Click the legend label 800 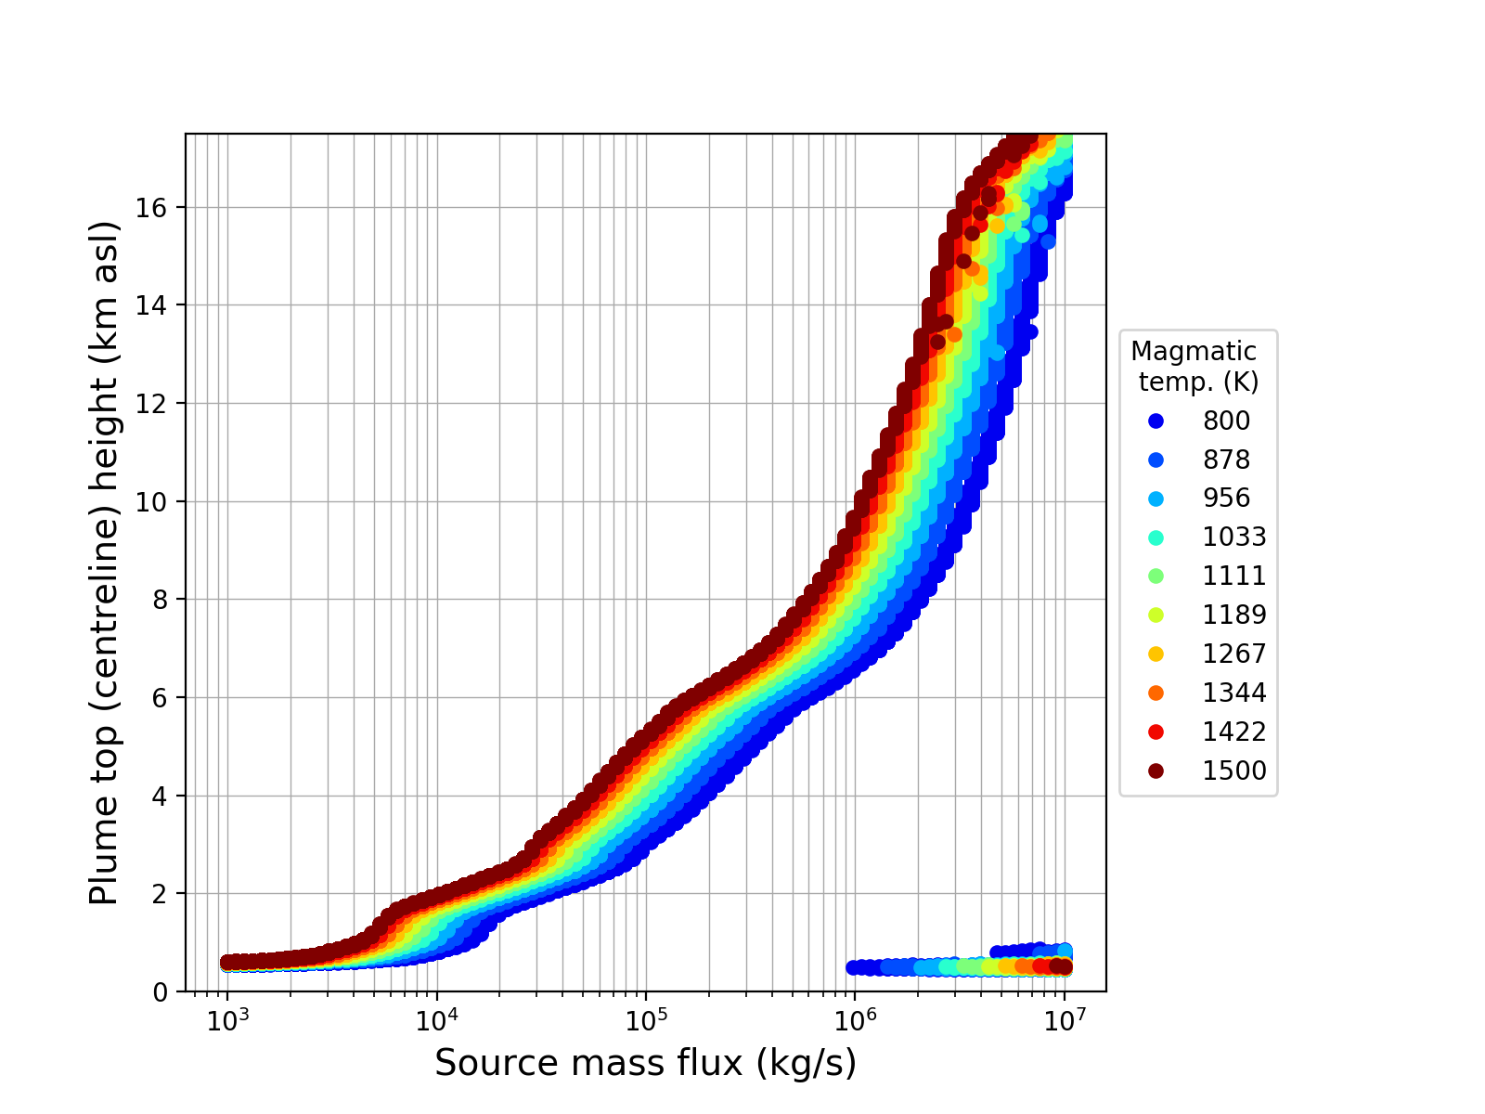click(x=1226, y=421)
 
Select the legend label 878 click(x=1226, y=460)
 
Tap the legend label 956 click(x=1226, y=499)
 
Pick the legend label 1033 click(x=1234, y=538)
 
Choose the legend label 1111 click(x=1234, y=576)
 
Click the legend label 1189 click(x=1234, y=615)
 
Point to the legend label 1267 click(x=1234, y=654)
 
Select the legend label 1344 click(x=1234, y=693)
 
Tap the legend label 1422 click(x=1234, y=732)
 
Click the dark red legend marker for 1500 click(x=1156, y=771)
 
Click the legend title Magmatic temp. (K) click(x=1195, y=367)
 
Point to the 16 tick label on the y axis click(x=158, y=207)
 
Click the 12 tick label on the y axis click(x=158, y=404)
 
